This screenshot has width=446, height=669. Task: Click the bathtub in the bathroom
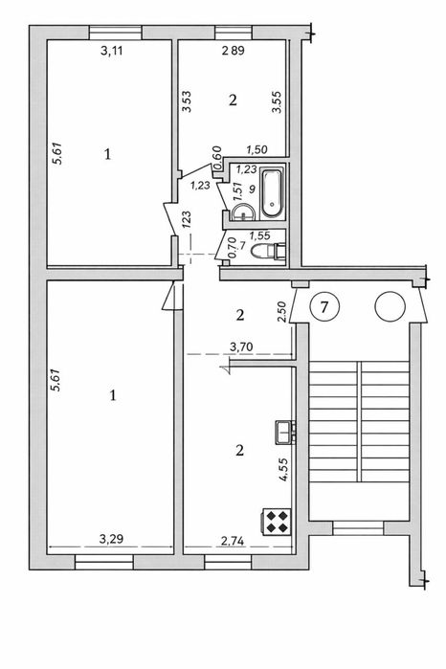click(272, 192)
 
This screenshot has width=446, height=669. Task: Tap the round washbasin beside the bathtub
click(244, 212)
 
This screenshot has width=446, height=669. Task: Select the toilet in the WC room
click(268, 252)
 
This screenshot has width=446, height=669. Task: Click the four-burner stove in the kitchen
click(276, 522)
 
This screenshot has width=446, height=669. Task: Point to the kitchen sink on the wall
click(285, 432)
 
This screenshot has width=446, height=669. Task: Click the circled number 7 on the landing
click(324, 306)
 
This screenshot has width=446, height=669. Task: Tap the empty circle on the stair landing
click(390, 306)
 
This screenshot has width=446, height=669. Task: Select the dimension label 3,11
click(111, 51)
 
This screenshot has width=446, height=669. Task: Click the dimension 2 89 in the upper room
click(233, 51)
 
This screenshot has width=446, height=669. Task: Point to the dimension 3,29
click(111, 539)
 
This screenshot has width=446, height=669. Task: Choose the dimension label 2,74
click(233, 541)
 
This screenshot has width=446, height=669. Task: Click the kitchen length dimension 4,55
click(284, 470)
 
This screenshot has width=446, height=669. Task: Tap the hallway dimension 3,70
click(241, 347)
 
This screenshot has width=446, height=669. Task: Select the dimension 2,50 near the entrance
click(281, 312)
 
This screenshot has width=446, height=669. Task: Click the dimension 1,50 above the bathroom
click(256, 149)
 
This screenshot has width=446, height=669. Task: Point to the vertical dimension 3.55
click(278, 102)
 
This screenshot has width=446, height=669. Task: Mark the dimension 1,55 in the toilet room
click(260, 235)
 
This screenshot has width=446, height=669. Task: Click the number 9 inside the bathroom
click(252, 189)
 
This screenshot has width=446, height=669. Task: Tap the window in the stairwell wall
click(358, 528)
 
